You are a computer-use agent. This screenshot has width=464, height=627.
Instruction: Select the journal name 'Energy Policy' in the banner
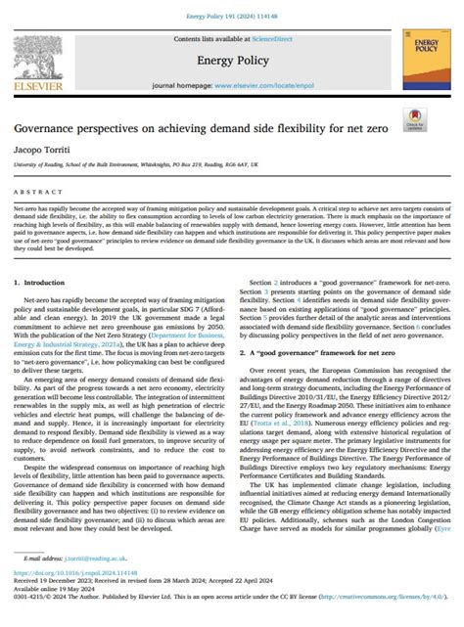point(232,60)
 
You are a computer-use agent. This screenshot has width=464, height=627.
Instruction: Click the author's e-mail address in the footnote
point(92,585)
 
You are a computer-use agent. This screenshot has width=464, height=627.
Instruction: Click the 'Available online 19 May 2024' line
point(57,613)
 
